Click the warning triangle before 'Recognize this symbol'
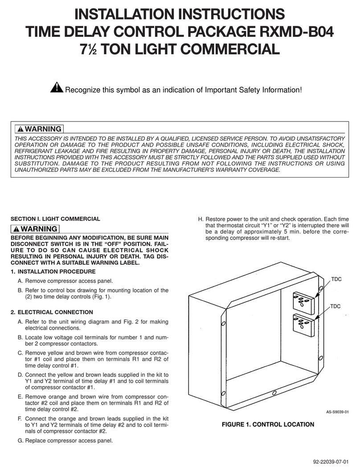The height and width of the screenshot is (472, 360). pyautogui.click(x=57, y=89)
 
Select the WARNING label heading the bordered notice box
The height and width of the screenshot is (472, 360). pyautogui.click(x=39, y=129)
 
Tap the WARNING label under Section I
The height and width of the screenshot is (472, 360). pyautogui.click(x=36, y=229)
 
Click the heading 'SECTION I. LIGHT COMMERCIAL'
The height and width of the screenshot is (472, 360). pyautogui.click(x=55, y=219)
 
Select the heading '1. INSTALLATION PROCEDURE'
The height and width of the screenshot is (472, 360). pyautogui.click(x=53, y=272)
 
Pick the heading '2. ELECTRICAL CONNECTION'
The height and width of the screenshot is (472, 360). pyautogui.click(x=52, y=312)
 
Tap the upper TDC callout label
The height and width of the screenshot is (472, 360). pyautogui.click(x=336, y=278)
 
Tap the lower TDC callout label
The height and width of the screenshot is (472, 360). pyautogui.click(x=336, y=307)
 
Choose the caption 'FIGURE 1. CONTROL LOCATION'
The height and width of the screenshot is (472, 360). pyautogui.click(x=268, y=425)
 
